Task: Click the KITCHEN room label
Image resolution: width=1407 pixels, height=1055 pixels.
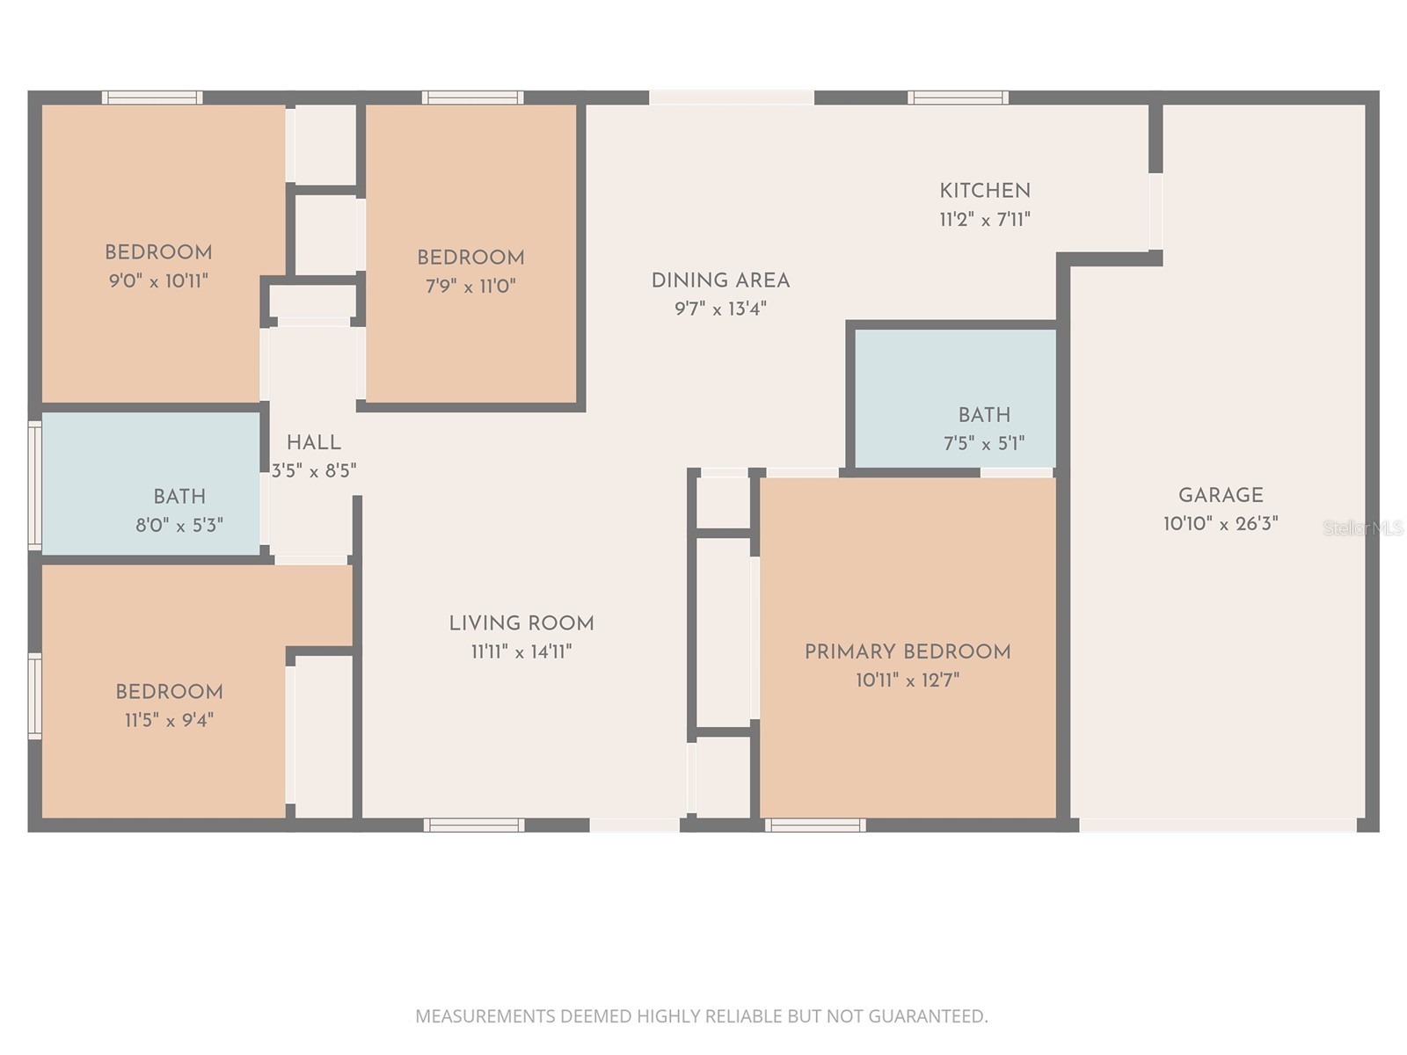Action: [x=985, y=191]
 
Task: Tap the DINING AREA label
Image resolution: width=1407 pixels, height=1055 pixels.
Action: [x=720, y=280]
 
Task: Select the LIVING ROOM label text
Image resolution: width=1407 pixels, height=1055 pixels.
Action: [x=521, y=623]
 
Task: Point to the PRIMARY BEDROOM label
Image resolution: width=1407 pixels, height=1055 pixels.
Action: [x=908, y=652]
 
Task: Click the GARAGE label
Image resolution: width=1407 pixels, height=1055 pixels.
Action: [x=1221, y=495]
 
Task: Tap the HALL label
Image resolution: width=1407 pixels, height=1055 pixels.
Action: [x=313, y=442]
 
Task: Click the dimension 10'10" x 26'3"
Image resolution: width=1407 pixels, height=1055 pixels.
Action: [x=1221, y=524]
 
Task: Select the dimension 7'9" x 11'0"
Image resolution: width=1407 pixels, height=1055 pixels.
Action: [x=470, y=286]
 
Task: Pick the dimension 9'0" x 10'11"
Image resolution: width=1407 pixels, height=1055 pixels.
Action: [x=158, y=280]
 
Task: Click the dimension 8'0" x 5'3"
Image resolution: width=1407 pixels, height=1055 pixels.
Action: [x=179, y=526]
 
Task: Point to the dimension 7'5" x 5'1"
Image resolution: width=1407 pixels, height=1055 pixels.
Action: [x=984, y=443]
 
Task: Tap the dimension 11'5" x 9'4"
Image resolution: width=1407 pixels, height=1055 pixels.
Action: [x=169, y=721]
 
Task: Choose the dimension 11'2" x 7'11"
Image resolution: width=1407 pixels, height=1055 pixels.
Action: [x=985, y=220]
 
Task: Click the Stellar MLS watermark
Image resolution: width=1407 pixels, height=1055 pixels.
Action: [x=1363, y=528]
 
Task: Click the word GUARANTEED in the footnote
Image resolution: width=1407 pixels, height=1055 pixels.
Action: [x=928, y=1016]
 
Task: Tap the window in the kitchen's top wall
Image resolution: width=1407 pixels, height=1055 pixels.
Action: [x=958, y=98]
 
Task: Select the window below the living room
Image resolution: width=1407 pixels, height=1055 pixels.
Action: [x=474, y=825]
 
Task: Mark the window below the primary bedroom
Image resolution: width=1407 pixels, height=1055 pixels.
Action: [x=815, y=825]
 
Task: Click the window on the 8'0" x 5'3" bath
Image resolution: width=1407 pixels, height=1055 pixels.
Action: [x=34, y=485]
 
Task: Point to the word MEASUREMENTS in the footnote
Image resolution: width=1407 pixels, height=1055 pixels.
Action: [x=485, y=1016]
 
